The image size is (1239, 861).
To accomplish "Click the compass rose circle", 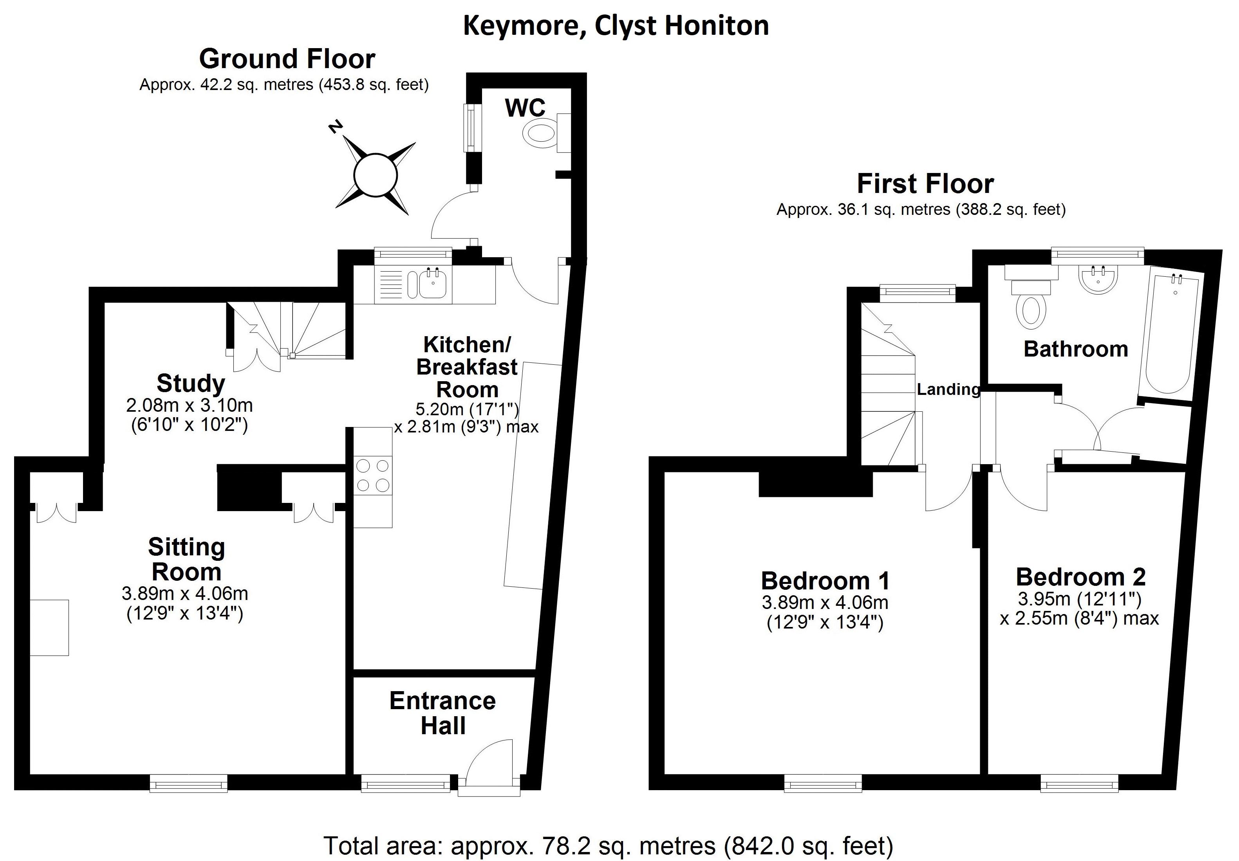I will point(375,175).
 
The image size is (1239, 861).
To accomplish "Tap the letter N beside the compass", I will point(336,127).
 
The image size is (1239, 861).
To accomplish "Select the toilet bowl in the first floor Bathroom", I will point(1031,311).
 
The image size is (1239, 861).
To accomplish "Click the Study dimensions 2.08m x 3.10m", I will point(190,405).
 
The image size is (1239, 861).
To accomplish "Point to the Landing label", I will point(948,389).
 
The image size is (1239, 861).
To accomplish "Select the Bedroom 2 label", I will point(1080,577).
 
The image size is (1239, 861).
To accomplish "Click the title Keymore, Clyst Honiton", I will point(616,26).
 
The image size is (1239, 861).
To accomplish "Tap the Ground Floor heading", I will point(287,59).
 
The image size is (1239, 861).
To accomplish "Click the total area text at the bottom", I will point(608,845).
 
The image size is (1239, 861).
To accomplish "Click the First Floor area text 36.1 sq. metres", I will point(921,209).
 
